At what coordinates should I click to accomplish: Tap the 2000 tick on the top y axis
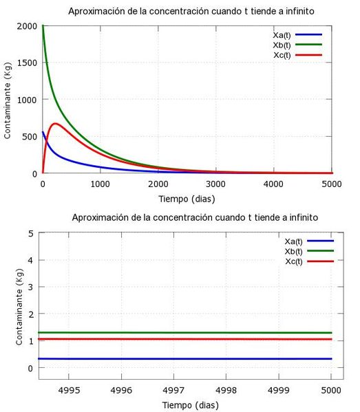coord(28,25)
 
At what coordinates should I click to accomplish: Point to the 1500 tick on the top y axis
coord(28,63)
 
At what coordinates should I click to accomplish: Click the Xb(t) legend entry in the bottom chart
coord(295,251)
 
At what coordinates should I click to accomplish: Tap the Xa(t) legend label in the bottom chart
coord(295,241)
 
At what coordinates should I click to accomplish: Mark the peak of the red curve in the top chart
coord(55,124)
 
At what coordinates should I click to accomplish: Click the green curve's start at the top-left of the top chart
coord(43,26)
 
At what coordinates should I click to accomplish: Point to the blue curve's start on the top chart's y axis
coord(43,132)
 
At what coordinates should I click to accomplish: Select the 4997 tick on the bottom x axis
coord(173,389)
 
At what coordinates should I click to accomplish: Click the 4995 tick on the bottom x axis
coord(68,389)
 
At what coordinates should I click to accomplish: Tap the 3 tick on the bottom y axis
coord(31,287)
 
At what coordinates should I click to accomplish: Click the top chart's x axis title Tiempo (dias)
coord(187,199)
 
